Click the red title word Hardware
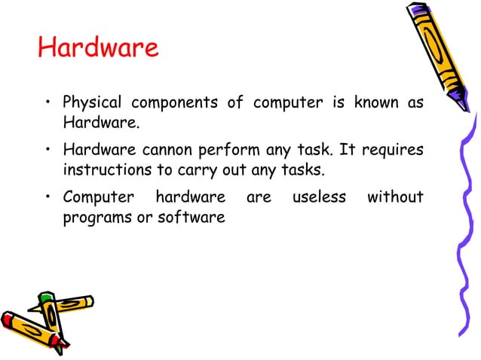click(x=98, y=47)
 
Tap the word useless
click(x=317, y=198)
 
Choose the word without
click(x=394, y=198)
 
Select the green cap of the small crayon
click(x=47, y=297)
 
